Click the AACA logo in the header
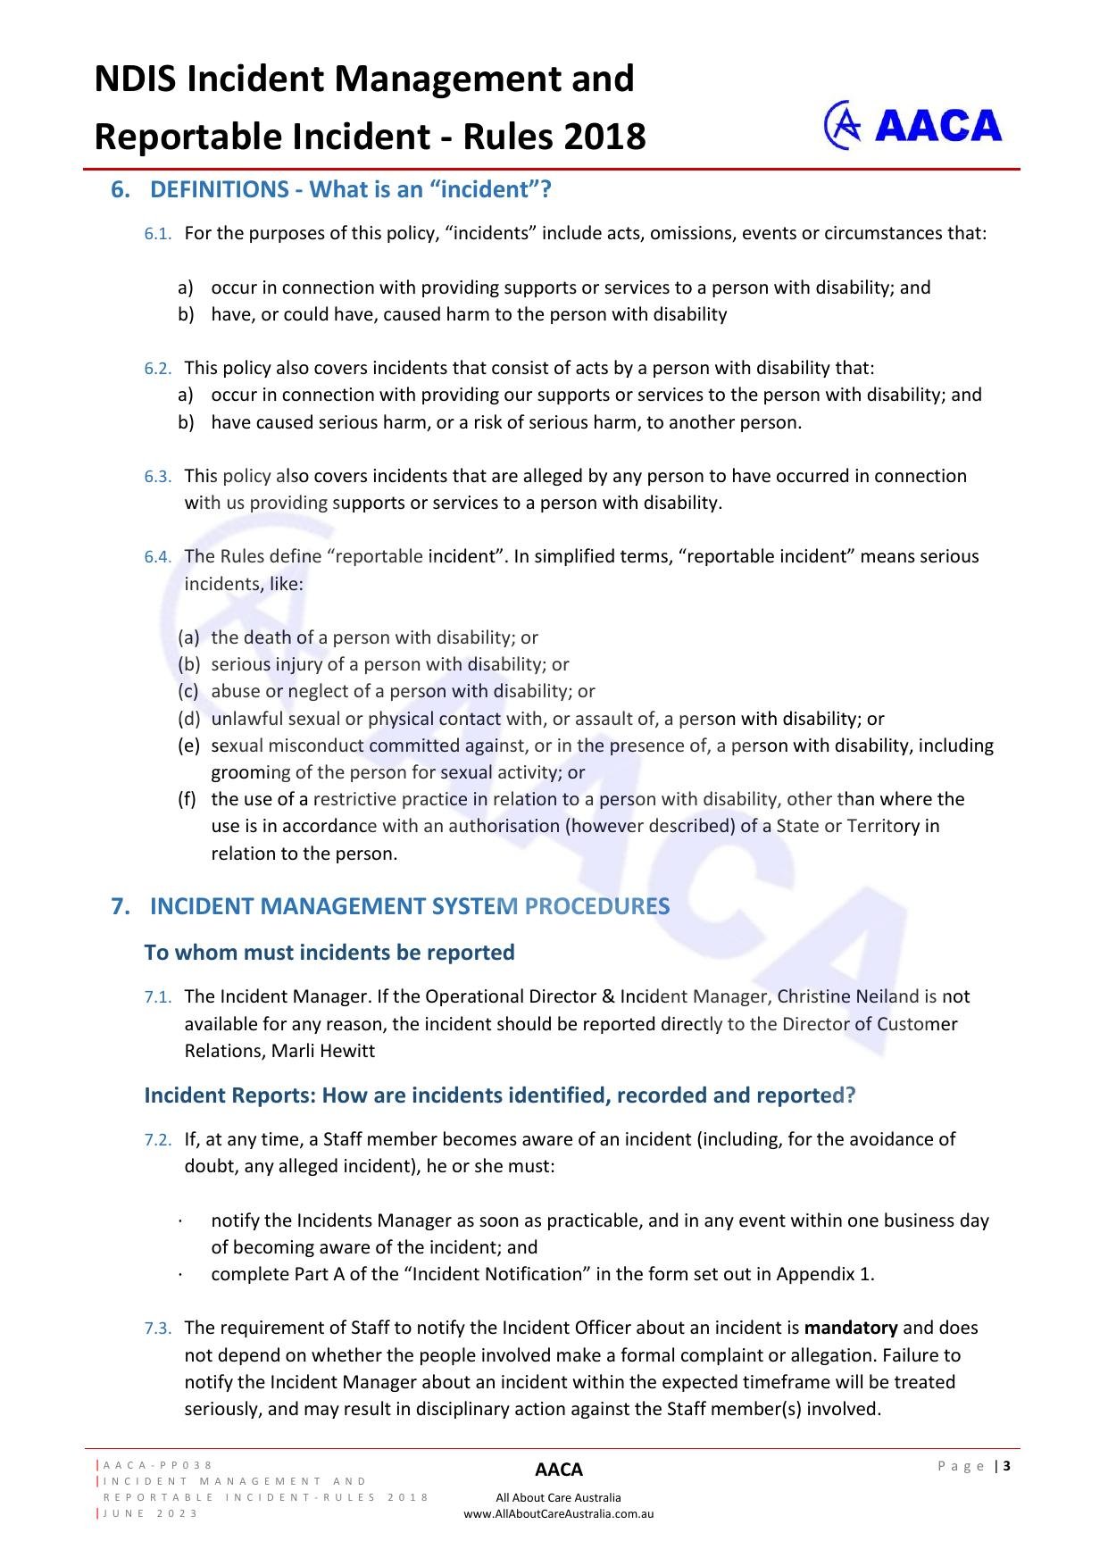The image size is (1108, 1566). (x=912, y=125)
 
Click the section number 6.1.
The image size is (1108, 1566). (x=157, y=234)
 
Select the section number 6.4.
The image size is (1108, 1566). (x=157, y=557)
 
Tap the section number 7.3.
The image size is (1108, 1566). (x=157, y=1329)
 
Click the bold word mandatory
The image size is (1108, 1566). (x=851, y=1328)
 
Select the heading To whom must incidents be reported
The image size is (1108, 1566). (x=329, y=953)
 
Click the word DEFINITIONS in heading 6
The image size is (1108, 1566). (x=220, y=189)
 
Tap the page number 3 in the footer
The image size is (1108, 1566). (x=1007, y=1465)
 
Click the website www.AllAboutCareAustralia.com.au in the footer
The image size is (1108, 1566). (x=559, y=1513)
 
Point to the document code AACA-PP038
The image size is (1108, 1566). (x=158, y=1465)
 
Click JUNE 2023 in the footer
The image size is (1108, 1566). (x=151, y=1513)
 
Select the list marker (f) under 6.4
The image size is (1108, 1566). (x=187, y=799)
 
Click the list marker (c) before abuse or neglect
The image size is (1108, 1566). (x=187, y=691)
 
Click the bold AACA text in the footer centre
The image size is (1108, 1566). (x=559, y=1470)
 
